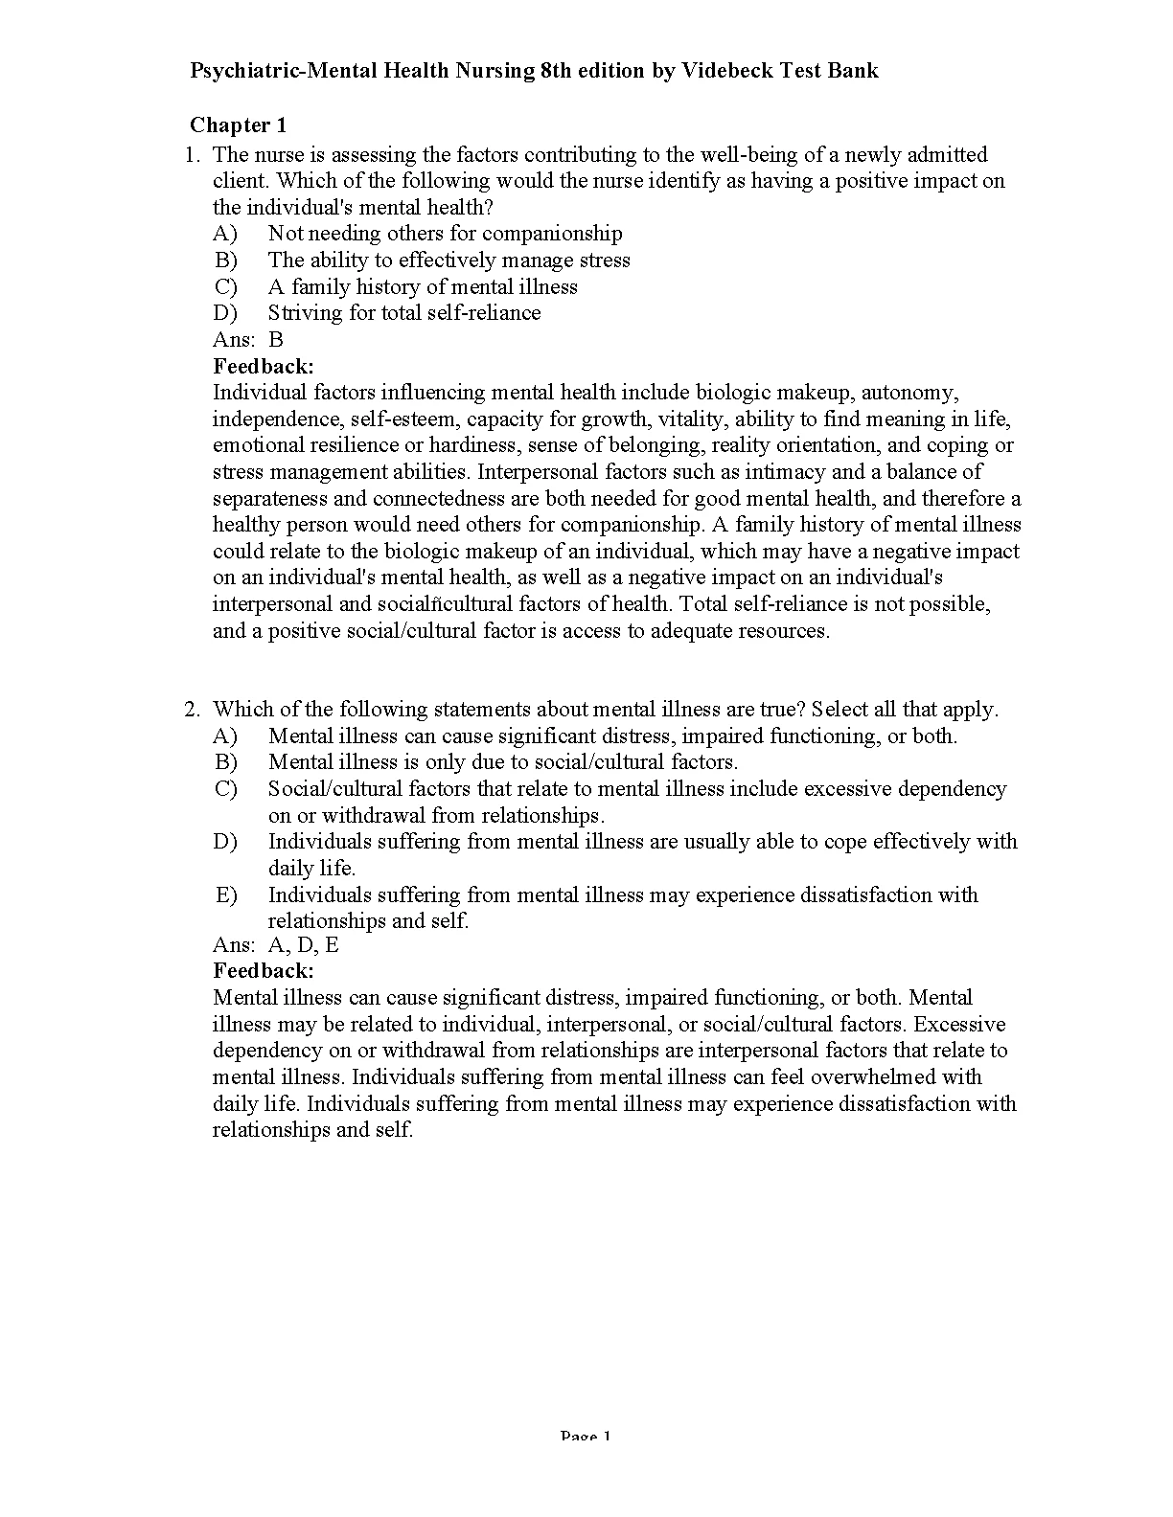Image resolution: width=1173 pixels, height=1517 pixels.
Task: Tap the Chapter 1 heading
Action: coord(238,125)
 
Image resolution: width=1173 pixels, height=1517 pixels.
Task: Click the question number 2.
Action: coord(192,710)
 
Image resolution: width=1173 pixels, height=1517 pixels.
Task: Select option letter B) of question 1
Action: coord(226,260)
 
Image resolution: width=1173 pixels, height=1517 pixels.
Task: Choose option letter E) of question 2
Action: coord(226,894)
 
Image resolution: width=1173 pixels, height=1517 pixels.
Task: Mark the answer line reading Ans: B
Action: coord(248,339)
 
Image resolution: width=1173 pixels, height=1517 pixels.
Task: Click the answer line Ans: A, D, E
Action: coord(276,946)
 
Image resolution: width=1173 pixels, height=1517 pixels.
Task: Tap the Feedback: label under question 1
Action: coord(264,366)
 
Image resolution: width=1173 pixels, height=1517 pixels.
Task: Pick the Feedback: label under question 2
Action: coord(264,971)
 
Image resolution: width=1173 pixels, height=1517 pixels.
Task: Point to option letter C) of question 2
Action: coord(226,789)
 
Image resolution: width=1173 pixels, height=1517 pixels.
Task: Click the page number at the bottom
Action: coord(585,1437)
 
